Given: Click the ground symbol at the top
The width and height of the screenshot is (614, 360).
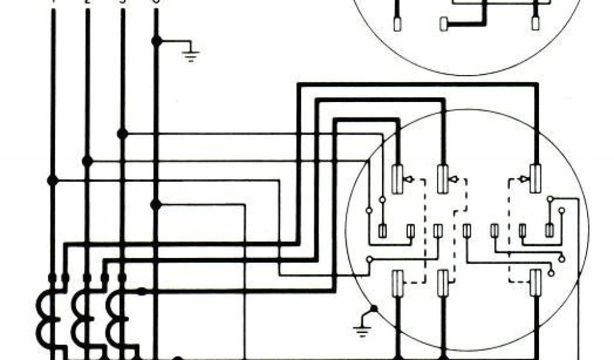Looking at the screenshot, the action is [191, 53].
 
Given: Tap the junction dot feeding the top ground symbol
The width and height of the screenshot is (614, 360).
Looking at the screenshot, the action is [156, 41].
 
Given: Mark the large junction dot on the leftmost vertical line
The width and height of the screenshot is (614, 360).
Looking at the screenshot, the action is [53, 180].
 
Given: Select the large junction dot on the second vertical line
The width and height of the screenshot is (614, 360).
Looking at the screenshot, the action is [88, 161].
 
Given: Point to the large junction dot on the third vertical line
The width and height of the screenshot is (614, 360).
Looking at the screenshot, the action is [122, 134].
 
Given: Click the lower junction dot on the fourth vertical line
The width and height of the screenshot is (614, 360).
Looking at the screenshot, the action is [156, 205].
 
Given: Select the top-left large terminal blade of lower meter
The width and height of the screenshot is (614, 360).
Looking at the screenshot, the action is [397, 179].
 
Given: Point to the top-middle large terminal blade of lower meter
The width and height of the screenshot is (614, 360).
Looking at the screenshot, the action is [443, 179].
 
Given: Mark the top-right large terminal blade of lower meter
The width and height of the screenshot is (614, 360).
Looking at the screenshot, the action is [535, 179].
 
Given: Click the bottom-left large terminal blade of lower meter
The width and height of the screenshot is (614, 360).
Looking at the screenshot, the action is [397, 283].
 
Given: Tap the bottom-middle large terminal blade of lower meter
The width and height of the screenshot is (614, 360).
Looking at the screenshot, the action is [443, 283].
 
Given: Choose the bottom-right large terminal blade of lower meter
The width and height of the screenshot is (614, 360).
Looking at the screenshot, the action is [535, 283].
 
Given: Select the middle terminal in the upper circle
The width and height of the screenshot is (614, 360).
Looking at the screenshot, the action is [444, 25].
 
